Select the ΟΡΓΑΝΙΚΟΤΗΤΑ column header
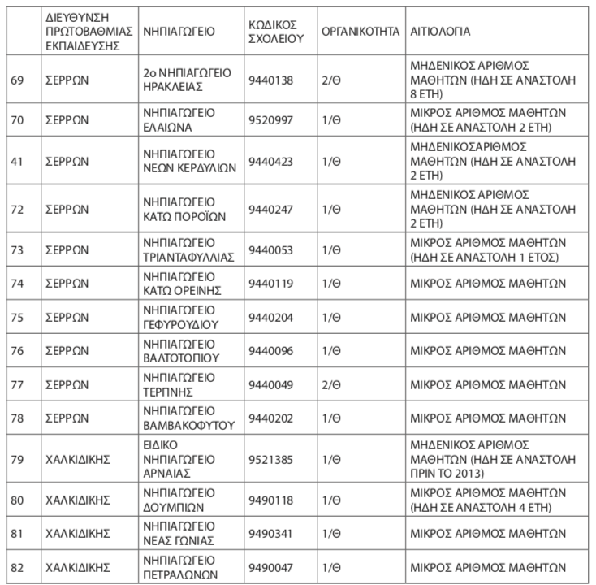(360, 31)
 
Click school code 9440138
(270, 80)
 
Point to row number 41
(17, 162)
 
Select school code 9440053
(270, 249)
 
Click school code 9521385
(270, 459)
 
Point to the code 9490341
(270, 534)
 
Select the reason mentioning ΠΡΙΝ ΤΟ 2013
(487, 459)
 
